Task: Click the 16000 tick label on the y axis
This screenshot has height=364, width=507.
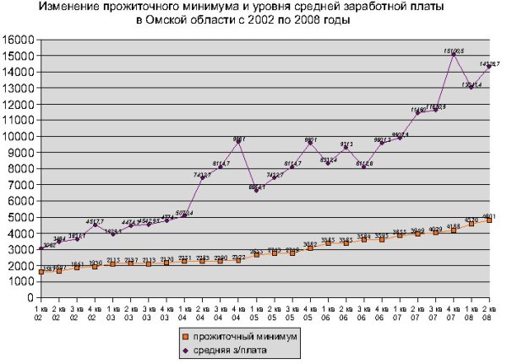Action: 18,40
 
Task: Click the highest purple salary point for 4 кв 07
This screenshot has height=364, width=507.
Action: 454,54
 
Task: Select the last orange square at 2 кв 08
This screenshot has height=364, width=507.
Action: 489,220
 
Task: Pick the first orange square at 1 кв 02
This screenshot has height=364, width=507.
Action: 41,271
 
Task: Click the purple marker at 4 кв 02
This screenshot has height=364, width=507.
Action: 95,225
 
